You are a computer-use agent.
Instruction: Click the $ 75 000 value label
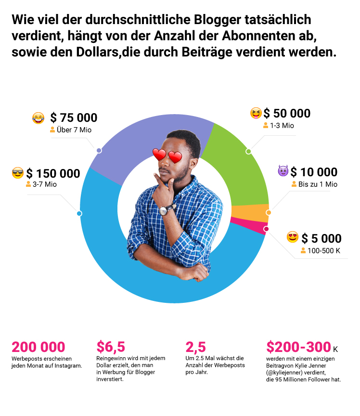pos(74,118)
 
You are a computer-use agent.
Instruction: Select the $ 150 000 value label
pos(53,174)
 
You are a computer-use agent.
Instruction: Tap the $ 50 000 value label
pos(287,114)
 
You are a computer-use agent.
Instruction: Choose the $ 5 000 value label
pos(321,238)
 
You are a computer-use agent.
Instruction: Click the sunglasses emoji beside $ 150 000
pos(18,173)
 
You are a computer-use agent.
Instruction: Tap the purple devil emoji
pos(283,171)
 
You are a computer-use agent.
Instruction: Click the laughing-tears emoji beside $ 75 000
pos(38,117)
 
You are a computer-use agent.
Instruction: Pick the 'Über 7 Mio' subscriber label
pos(73,130)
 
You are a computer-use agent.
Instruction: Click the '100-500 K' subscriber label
pos(324,250)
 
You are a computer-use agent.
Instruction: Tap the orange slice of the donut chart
pos(250,212)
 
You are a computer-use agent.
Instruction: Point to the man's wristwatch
pos(166,209)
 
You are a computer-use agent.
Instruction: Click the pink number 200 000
pos(38,347)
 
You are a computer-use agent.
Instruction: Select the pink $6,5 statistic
pos(111,347)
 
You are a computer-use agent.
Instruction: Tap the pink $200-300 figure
pos(298,347)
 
